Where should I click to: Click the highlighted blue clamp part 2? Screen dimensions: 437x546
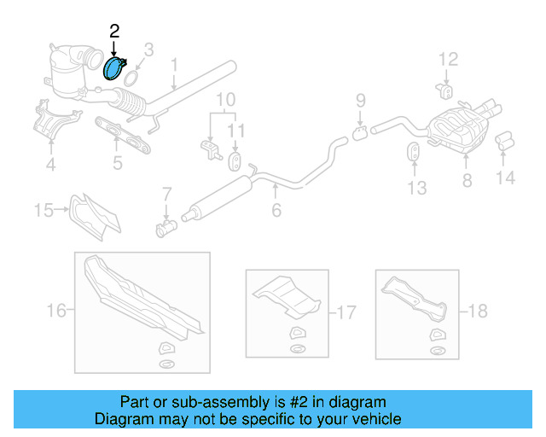tap(113, 68)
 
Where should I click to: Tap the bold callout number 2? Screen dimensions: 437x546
tap(114, 32)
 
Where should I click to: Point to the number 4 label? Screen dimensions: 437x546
tap(50, 164)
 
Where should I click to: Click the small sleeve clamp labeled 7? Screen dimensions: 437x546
tap(166, 228)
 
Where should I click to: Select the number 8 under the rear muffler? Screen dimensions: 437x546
tap(467, 180)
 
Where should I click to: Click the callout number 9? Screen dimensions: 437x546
tap(360, 100)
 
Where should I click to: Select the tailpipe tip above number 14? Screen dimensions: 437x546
tap(503, 140)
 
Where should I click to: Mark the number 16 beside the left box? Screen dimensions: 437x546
tap(56, 312)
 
